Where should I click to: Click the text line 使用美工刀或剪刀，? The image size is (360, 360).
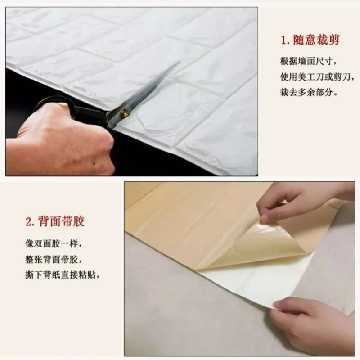315,77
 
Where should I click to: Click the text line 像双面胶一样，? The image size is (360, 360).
54,244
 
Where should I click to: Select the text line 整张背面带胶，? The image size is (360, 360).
54,260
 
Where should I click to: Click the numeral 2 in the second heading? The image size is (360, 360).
29,222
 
